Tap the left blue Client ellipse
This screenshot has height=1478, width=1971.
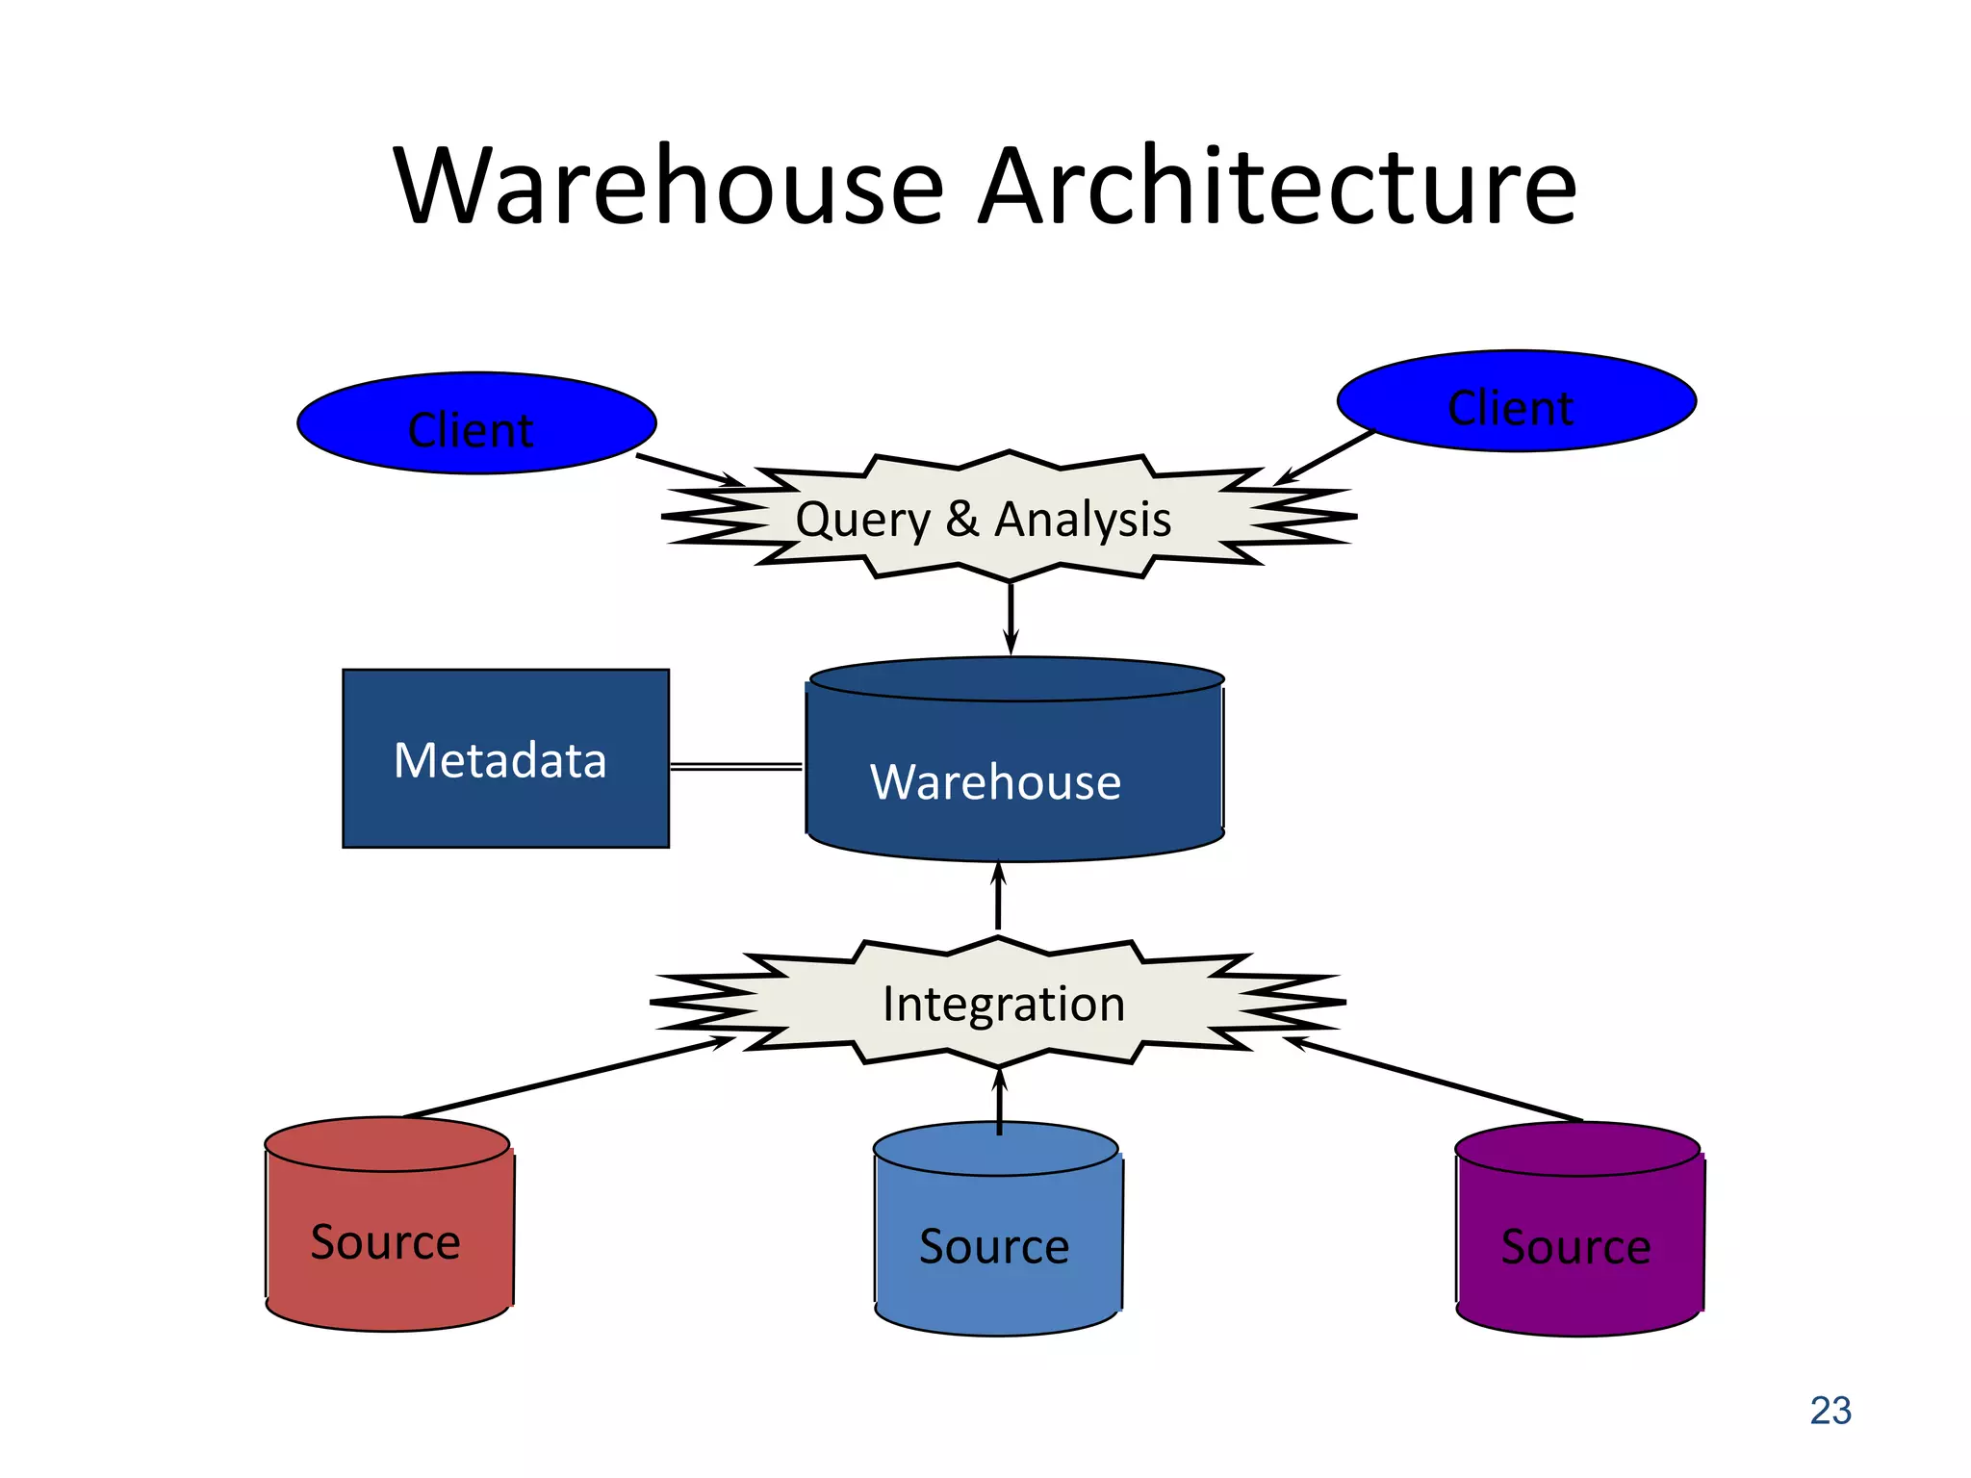475,424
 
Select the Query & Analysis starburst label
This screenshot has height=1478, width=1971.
983,520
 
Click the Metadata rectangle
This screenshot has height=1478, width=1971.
505,759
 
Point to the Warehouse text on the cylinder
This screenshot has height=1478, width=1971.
995,781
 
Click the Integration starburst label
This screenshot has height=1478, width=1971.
1003,1004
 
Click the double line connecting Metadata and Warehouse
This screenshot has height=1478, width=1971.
736,767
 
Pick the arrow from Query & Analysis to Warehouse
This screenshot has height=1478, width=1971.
1011,618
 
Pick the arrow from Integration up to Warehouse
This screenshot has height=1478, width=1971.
998,897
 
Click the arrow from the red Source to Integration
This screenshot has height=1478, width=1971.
568,1077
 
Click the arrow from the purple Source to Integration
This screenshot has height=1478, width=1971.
1434,1079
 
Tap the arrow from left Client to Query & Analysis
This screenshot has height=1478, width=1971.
688,470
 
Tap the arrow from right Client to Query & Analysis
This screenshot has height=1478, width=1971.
1326,457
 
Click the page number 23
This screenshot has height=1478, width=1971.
1830,1411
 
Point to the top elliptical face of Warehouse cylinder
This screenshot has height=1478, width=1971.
1016,679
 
